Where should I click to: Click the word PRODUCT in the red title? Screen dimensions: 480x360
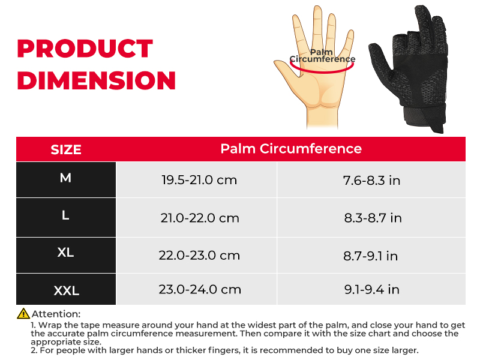click(85, 49)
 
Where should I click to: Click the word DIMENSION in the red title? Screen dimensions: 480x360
click(97, 80)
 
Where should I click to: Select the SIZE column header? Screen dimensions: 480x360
click(66, 149)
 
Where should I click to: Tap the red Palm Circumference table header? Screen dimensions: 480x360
click(291, 148)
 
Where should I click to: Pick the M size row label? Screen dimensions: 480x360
click(65, 178)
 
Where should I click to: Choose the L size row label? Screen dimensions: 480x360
click(65, 215)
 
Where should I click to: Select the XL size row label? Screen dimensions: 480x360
click(65, 253)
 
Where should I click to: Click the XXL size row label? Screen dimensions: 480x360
click(67, 290)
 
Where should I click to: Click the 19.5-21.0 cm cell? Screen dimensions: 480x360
click(199, 180)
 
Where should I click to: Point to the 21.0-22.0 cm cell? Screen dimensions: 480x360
click(200, 218)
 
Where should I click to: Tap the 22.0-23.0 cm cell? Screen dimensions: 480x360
click(199, 256)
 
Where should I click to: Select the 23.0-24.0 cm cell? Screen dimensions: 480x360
click(200, 289)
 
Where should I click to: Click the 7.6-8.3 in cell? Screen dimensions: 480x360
click(371, 181)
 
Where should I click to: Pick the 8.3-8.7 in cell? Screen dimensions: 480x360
click(373, 218)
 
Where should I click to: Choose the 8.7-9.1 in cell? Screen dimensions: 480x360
click(370, 256)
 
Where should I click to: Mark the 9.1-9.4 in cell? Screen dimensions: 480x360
click(371, 289)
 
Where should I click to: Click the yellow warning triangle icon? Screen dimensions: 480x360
click(23, 313)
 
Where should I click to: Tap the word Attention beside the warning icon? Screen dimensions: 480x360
click(56, 314)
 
